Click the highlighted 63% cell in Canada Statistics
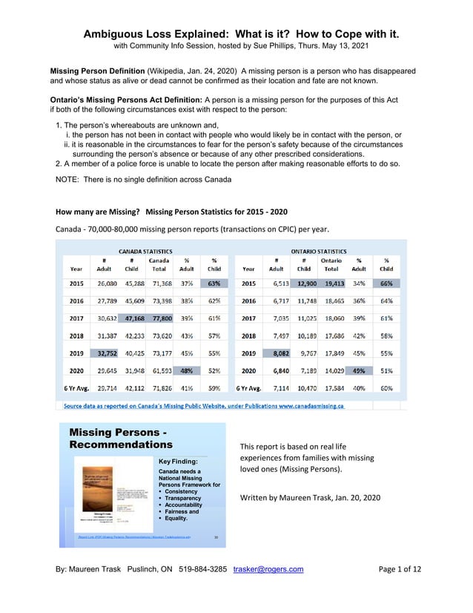(214, 283)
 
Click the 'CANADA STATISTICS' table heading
(145, 251)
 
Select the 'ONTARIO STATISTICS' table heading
(318, 251)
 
